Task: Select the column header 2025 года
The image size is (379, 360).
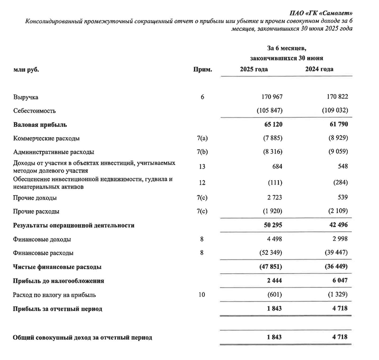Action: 254,69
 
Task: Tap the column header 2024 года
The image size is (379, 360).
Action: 319,69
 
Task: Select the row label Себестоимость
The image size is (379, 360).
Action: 34,111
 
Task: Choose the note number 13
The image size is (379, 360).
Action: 202,166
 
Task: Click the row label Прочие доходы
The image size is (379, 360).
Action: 35,198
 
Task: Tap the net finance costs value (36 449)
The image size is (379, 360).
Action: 334,267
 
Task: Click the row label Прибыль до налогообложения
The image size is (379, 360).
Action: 58,281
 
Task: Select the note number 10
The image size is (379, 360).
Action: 202,295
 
